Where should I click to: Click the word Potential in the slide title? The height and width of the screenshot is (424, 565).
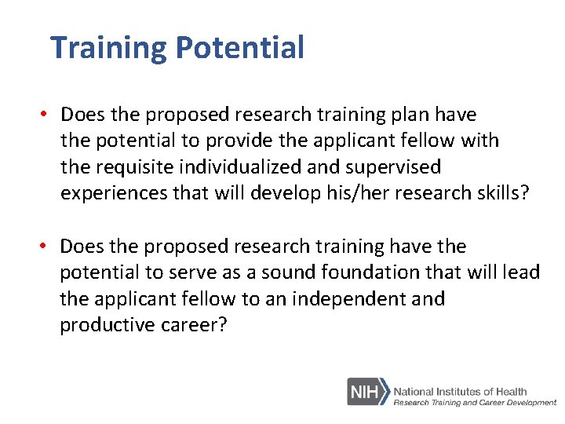pyautogui.click(x=239, y=49)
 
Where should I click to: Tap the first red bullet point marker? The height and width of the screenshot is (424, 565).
pyautogui.click(x=47, y=115)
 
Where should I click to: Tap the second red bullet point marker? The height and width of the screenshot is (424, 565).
pyautogui.click(x=47, y=247)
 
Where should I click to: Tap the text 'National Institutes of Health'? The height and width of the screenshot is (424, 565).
pyautogui.click(x=460, y=391)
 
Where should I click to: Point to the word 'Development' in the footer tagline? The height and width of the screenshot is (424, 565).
pyautogui.click(x=528, y=402)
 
